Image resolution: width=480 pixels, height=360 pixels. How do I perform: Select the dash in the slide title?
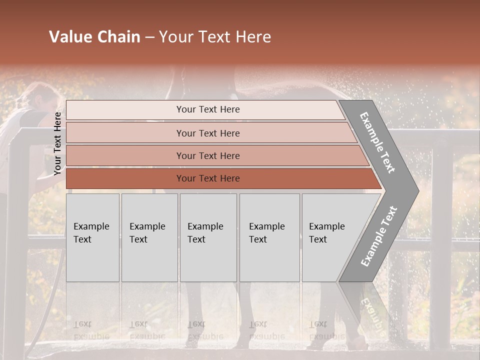[x=149, y=37]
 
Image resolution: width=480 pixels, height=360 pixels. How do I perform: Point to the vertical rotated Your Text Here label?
[x=57, y=143]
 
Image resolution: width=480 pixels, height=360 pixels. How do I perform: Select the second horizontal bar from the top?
[x=207, y=133]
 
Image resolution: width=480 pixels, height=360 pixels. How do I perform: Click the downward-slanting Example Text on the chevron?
[x=377, y=142]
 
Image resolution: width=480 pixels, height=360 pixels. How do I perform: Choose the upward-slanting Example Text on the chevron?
[x=378, y=236]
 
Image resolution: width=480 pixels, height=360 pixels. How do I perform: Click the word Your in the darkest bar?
[x=185, y=178]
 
